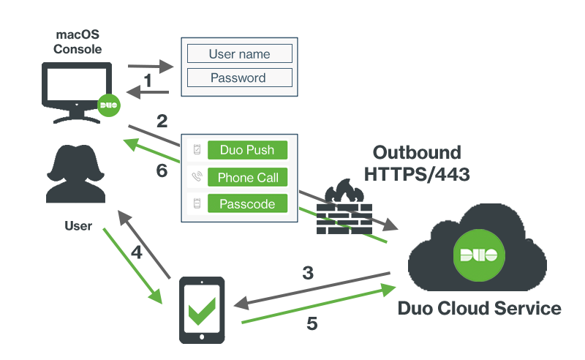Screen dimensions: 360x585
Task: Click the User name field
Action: (x=240, y=53)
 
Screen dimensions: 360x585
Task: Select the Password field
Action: (x=240, y=78)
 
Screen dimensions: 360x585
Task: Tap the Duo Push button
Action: (x=247, y=150)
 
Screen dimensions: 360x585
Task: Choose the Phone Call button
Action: (x=247, y=177)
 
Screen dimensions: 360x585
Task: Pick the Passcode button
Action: (x=247, y=204)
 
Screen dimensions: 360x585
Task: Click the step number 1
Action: (x=148, y=80)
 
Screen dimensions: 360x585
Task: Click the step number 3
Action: (x=309, y=273)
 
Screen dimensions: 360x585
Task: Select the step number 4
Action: (x=137, y=252)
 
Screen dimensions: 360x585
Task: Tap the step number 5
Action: (x=312, y=323)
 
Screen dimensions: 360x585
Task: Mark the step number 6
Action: (x=162, y=170)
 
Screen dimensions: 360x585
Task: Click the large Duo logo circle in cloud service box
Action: (x=478, y=255)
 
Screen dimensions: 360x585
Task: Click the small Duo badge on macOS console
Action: (x=109, y=105)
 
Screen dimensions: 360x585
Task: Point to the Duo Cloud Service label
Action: (x=479, y=308)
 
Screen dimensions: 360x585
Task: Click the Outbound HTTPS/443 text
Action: (x=418, y=163)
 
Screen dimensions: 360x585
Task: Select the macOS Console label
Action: (x=78, y=42)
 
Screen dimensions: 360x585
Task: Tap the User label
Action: (x=78, y=226)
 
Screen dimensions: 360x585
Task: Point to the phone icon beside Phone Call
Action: (x=196, y=177)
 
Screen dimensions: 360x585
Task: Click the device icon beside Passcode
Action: (x=196, y=204)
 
